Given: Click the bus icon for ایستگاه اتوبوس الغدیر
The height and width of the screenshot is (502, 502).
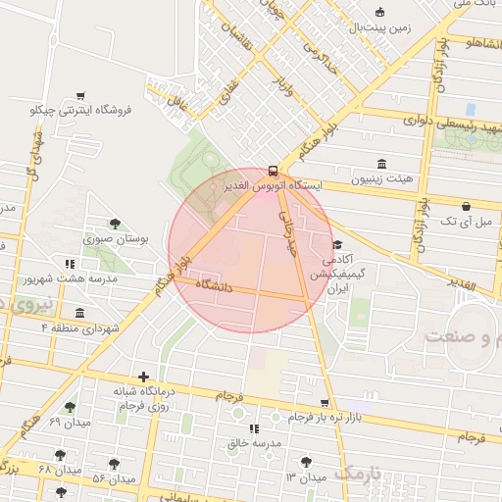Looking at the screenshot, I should [x=274, y=169].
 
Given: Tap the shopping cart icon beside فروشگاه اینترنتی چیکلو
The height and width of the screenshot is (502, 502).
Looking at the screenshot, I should [x=79, y=96].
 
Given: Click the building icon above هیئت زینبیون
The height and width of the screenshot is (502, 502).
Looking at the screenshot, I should [x=381, y=163].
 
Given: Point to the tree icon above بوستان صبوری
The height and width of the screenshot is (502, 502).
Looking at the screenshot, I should [x=116, y=224].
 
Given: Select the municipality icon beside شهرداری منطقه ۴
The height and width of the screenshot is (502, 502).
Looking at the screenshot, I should [x=79, y=314].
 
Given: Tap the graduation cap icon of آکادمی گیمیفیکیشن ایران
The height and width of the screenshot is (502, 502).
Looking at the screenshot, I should [x=338, y=244].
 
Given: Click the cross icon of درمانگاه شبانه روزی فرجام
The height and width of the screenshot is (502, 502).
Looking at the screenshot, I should [x=144, y=376].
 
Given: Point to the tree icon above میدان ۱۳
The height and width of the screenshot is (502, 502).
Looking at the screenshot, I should [x=307, y=461].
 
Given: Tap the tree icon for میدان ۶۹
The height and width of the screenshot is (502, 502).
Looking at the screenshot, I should [x=70, y=407].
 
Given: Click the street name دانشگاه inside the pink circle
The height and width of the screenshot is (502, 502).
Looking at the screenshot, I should [x=218, y=284].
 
